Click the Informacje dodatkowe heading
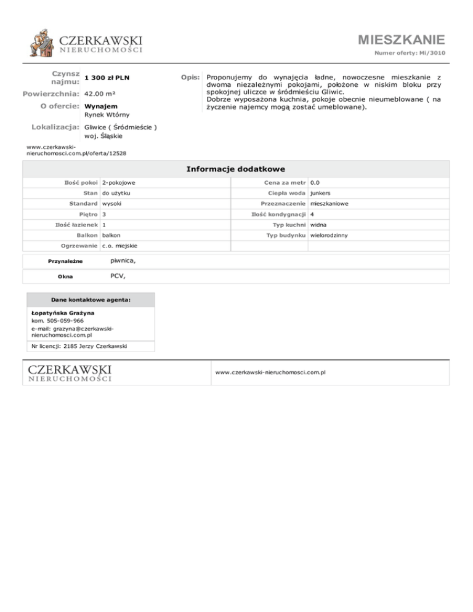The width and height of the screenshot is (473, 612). pyautogui.click(x=235, y=169)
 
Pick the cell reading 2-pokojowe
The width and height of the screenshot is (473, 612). pyautogui.click(x=119, y=182)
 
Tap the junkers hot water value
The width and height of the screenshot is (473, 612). pyautogui.click(x=321, y=195)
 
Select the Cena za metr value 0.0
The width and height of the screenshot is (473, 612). pyautogui.click(x=315, y=182)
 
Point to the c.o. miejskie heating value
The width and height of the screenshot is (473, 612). pyautogui.click(x=120, y=246)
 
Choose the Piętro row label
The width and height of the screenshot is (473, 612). pyautogui.click(x=87, y=214)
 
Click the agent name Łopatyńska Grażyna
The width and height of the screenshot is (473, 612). pyautogui.click(x=62, y=313)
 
